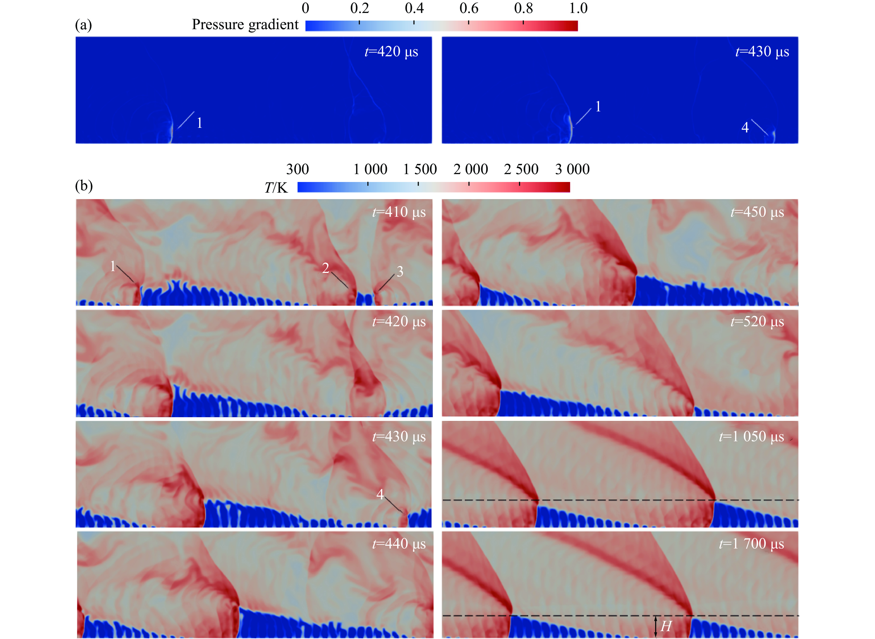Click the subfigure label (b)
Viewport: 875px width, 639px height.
pos(84,186)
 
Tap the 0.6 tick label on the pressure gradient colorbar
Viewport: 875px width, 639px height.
pos(469,8)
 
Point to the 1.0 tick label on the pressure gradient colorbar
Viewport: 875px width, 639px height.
pos(578,8)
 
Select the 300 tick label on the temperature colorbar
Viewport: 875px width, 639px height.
pos(297,169)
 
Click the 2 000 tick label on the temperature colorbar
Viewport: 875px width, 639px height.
pos(471,169)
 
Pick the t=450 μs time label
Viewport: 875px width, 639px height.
pos(757,212)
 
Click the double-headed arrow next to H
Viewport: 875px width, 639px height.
pos(656,627)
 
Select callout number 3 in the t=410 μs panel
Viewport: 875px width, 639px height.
pos(400,272)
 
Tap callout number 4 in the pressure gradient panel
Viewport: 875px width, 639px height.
pos(745,127)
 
